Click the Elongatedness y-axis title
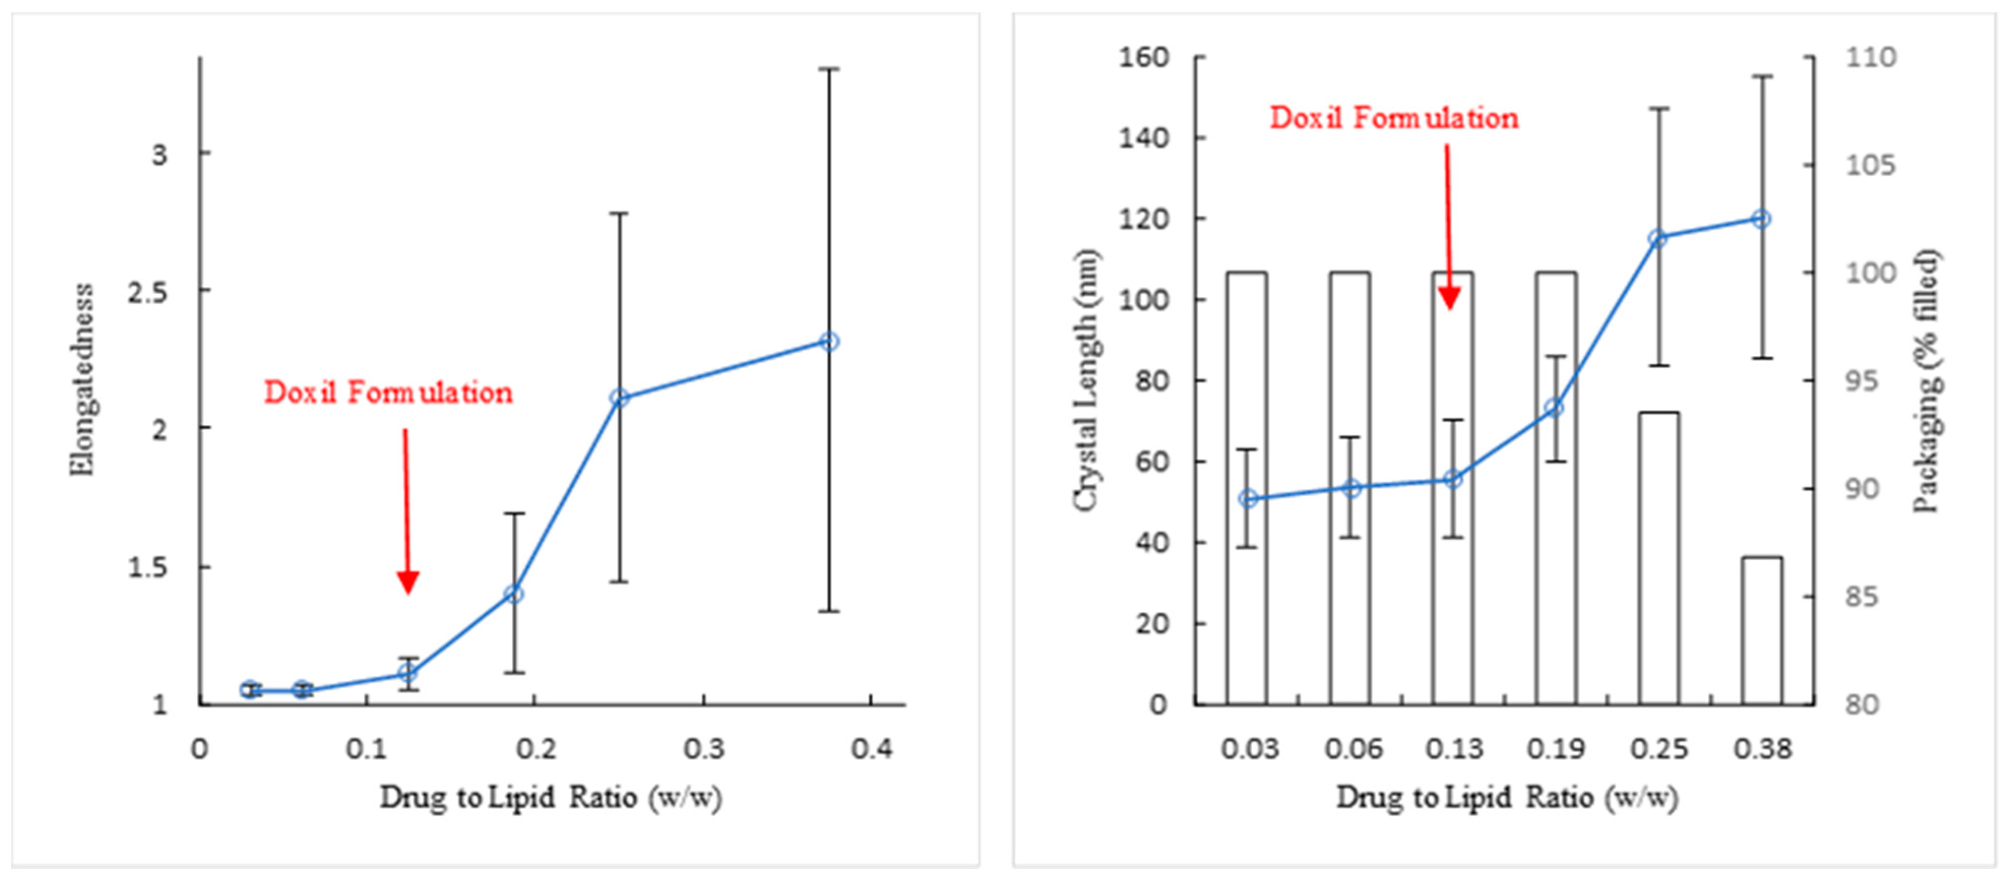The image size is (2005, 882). click(82, 380)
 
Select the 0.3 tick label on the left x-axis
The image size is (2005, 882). click(704, 749)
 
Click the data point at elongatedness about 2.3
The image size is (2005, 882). click(830, 342)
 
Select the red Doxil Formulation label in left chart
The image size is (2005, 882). click(388, 392)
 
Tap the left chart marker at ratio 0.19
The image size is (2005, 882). click(513, 594)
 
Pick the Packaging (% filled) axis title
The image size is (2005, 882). click(1927, 380)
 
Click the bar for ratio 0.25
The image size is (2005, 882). click(1659, 558)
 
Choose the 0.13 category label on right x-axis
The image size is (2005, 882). click(1454, 749)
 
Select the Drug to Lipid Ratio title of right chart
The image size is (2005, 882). click(1507, 797)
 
